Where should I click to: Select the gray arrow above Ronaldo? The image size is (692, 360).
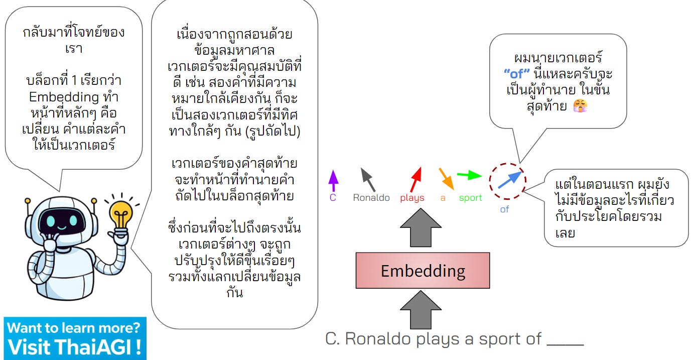coord(368,179)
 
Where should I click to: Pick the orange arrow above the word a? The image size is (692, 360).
coord(446,179)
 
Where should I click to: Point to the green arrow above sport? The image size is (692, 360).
coord(469,176)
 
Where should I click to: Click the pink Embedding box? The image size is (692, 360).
coord(423,271)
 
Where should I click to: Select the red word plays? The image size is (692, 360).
coord(412,198)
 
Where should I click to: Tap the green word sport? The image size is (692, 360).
coord(470,198)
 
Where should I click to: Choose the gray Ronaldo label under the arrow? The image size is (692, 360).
coord(371,198)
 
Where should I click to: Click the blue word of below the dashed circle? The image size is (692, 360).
coord(504,209)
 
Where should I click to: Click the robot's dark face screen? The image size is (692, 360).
coord(60,221)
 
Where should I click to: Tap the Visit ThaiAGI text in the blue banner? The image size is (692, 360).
coord(74,347)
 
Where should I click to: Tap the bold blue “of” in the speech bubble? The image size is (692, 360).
coord(516,74)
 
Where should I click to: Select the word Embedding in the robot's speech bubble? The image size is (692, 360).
coord(57,96)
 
